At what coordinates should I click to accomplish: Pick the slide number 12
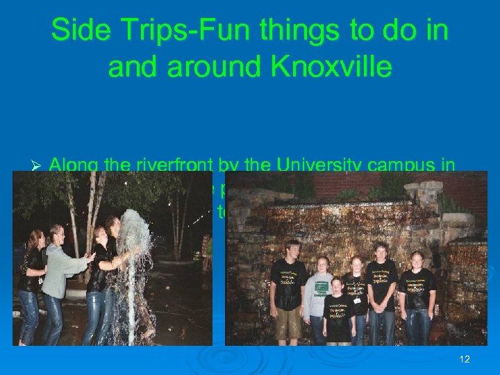click(465, 359)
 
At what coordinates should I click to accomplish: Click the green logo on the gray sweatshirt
click(321, 284)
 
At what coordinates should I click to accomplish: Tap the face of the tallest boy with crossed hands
click(381, 251)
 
